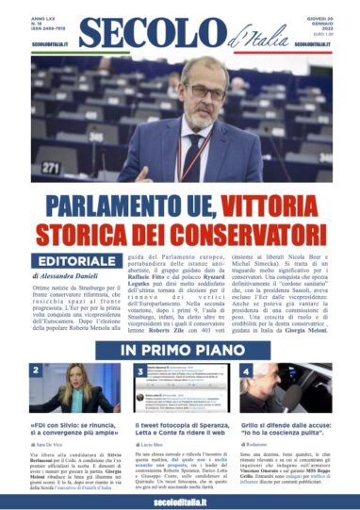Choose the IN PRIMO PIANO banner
click(x=180, y=350)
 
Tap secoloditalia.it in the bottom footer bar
click(x=180, y=501)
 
